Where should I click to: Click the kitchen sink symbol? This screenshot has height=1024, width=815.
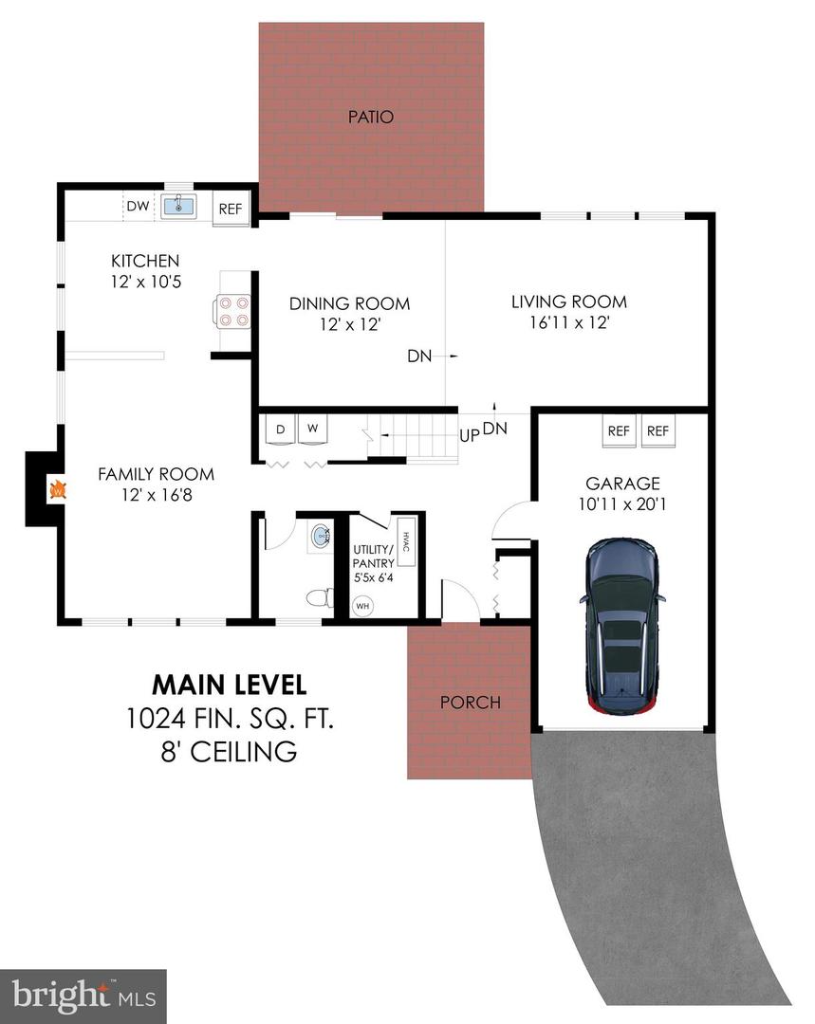[x=178, y=205]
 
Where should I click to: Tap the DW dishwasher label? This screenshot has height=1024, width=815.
[x=138, y=206]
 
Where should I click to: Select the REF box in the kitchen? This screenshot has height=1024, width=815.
[x=231, y=210]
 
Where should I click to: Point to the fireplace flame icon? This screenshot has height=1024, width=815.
[x=58, y=490]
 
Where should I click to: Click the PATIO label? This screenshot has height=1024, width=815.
[x=370, y=118]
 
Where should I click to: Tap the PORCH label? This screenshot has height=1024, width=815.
[x=470, y=703]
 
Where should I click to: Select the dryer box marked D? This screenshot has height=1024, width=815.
[x=280, y=430]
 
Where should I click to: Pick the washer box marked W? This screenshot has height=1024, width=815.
[x=312, y=430]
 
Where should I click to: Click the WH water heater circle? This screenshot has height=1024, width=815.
[x=362, y=604]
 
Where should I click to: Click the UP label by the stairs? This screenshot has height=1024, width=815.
[x=469, y=435]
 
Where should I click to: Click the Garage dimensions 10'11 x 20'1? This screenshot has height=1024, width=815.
[x=622, y=504]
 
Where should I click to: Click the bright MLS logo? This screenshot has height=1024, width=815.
[x=83, y=996]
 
